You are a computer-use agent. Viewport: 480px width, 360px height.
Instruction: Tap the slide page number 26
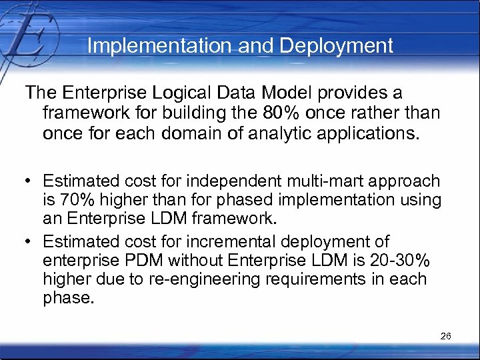point(446,336)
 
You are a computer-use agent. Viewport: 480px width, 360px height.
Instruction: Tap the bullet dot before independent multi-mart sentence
point(30,181)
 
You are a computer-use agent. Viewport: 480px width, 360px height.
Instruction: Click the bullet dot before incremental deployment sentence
point(30,241)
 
